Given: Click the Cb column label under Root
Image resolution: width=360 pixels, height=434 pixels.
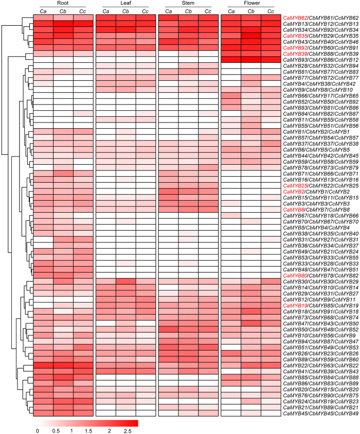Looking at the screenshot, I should point(63,11).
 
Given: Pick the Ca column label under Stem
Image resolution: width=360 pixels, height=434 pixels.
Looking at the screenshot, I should point(168,11).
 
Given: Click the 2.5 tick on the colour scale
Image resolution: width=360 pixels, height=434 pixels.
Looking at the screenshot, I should point(128,429).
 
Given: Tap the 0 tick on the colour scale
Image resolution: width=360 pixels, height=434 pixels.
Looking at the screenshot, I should point(38,429).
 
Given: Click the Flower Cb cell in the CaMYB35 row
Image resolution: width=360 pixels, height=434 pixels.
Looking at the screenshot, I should point(250,36).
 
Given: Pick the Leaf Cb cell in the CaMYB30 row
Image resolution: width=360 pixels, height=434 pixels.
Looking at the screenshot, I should point(125,282).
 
